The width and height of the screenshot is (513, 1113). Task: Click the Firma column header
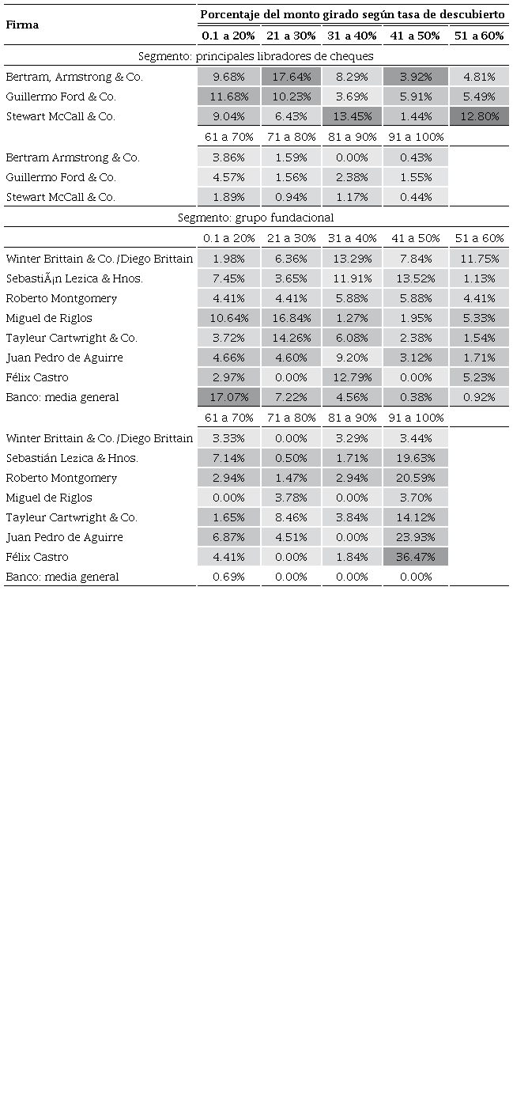[22, 25]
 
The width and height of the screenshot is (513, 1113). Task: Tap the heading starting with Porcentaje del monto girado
[353, 14]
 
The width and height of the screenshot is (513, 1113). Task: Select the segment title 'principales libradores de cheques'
[256, 56]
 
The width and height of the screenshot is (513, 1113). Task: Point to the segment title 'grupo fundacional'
[256, 218]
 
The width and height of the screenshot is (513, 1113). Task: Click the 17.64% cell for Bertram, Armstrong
[291, 77]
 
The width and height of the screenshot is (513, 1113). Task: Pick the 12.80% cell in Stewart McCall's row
[479, 116]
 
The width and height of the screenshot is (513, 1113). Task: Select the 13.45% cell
[352, 116]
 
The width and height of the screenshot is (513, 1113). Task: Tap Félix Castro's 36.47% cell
[416, 557]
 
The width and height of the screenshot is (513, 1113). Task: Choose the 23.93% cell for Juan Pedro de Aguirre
[416, 537]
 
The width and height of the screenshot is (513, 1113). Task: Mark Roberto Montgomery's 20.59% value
[416, 478]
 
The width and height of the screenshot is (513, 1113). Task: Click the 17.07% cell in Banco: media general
[229, 397]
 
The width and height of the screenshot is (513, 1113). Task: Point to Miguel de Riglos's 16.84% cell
[291, 318]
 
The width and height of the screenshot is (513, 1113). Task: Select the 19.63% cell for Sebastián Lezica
[416, 458]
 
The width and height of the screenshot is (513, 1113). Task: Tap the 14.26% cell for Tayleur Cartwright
[291, 338]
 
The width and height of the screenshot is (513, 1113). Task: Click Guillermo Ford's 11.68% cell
[229, 97]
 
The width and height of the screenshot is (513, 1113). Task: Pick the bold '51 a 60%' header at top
[479, 36]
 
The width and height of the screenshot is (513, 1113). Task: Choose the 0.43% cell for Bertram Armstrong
[416, 157]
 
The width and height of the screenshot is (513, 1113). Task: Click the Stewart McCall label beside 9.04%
[60, 116]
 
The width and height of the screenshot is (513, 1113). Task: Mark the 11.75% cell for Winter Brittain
[479, 259]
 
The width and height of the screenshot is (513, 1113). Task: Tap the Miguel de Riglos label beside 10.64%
[49, 318]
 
